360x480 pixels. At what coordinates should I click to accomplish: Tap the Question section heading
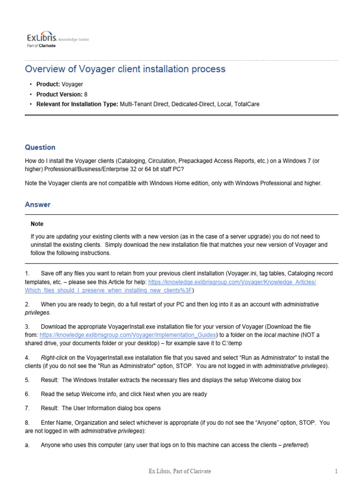[x=40, y=147]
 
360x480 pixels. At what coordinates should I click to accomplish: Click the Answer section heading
[x=37, y=204]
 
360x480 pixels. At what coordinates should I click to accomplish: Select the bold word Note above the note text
[x=37, y=224]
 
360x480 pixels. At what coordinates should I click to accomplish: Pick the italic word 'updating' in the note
[x=67, y=237]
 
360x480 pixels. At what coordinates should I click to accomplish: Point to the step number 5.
[x=27, y=380]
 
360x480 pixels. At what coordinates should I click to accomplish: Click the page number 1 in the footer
[x=336, y=471]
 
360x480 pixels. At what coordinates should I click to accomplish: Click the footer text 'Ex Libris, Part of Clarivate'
[x=180, y=471]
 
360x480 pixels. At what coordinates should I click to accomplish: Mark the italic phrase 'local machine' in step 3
[x=281, y=335]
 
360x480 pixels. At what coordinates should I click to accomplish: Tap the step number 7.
[x=27, y=408]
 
